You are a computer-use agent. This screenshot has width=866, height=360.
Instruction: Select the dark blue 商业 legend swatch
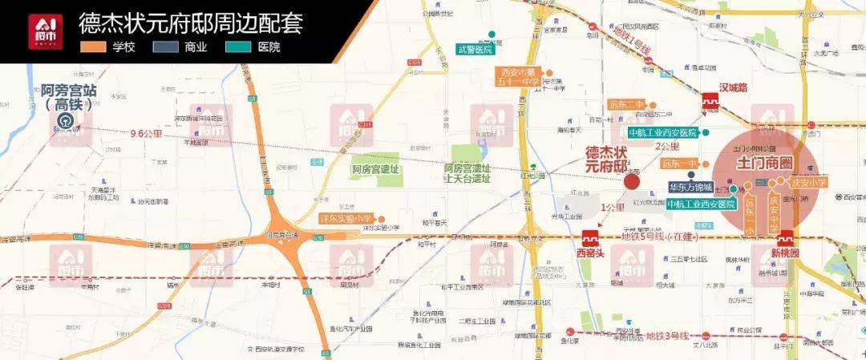pos(164,47)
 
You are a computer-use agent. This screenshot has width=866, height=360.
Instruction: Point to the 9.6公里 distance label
pos(146,134)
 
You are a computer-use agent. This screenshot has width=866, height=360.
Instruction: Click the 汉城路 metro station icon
pos(710,102)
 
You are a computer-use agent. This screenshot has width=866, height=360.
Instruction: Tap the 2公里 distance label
pos(668,148)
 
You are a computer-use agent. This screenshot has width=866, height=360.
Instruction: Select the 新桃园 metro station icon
pos(785,238)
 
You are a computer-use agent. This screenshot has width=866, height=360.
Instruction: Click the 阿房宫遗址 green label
pos(375,169)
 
